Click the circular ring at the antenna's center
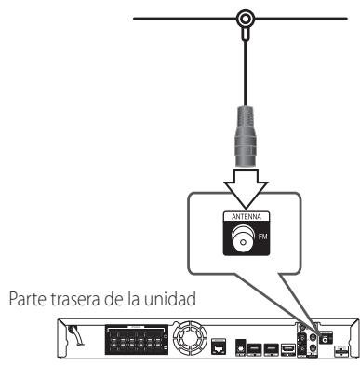pyautogui.click(x=246, y=18)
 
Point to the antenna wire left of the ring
pyautogui.click(x=186, y=19)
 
